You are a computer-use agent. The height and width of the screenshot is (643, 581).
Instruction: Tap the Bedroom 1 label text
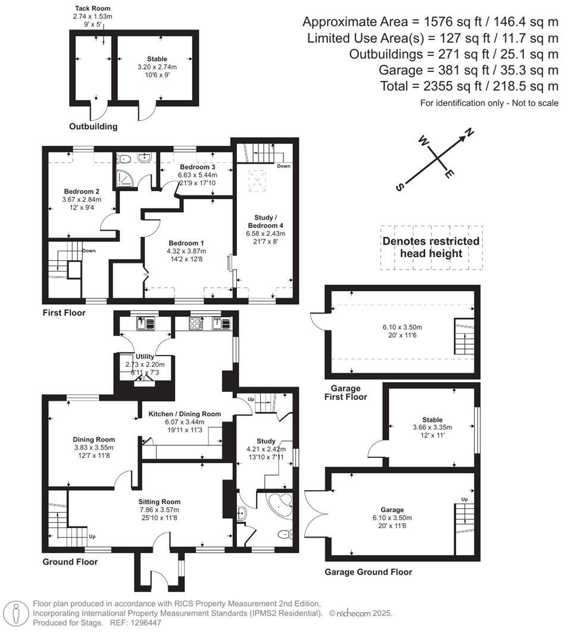tap(186, 243)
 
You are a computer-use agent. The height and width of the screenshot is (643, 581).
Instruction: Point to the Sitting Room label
tap(160, 501)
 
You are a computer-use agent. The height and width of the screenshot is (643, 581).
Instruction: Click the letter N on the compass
tap(468, 133)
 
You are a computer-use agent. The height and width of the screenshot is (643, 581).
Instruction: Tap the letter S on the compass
tap(399, 186)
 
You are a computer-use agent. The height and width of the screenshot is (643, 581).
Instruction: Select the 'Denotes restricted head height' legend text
tap(431, 247)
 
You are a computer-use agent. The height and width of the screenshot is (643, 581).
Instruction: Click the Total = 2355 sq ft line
tap(469, 86)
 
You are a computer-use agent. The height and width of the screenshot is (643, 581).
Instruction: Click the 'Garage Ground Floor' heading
tap(368, 572)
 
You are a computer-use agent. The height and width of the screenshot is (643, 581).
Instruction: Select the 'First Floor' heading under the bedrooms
tap(64, 313)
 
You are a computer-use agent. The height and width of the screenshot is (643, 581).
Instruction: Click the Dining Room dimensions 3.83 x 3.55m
tap(89, 447)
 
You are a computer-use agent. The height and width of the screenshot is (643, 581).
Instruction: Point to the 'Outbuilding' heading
tap(93, 126)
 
